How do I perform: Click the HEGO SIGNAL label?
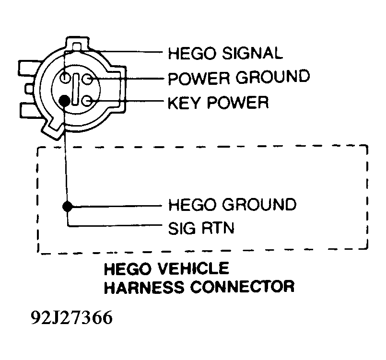pyautogui.click(x=225, y=53)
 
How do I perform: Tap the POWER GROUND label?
pyautogui.click(x=239, y=78)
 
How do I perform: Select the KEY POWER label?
pyautogui.click(x=218, y=103)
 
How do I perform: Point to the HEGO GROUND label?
pyautogui.click(x=233, y=205)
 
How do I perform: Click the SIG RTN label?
pyautogui.click(x=201, y=228)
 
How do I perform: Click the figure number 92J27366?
pyautogui.click(x=71, y=318)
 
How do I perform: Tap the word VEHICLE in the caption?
pyautogui.click(x=194, y=269)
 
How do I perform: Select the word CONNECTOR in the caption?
pyautogui.click(x=242, y=287)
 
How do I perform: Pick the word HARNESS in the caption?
pyautogui.click(x=144, y=287)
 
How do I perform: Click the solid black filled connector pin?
pyautogui.click(x=65, y=100)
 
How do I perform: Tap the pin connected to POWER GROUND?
pyautogui.click(x=87, y=79)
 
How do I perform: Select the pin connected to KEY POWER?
pyautogui.click(x=87, y=101)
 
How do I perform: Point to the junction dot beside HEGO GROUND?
pyautogui.click(x=68, y=207)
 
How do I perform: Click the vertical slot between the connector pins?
pyautogui.click(x=76, y=90)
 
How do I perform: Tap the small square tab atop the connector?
pyautogui.click(x=77, y=46)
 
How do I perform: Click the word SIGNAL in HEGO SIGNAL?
pyautogui.click(x=252, y=53)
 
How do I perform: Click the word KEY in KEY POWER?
pyautogui.click(x=184, y=103)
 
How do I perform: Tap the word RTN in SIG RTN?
pyautogui.click(x=218, y=228)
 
